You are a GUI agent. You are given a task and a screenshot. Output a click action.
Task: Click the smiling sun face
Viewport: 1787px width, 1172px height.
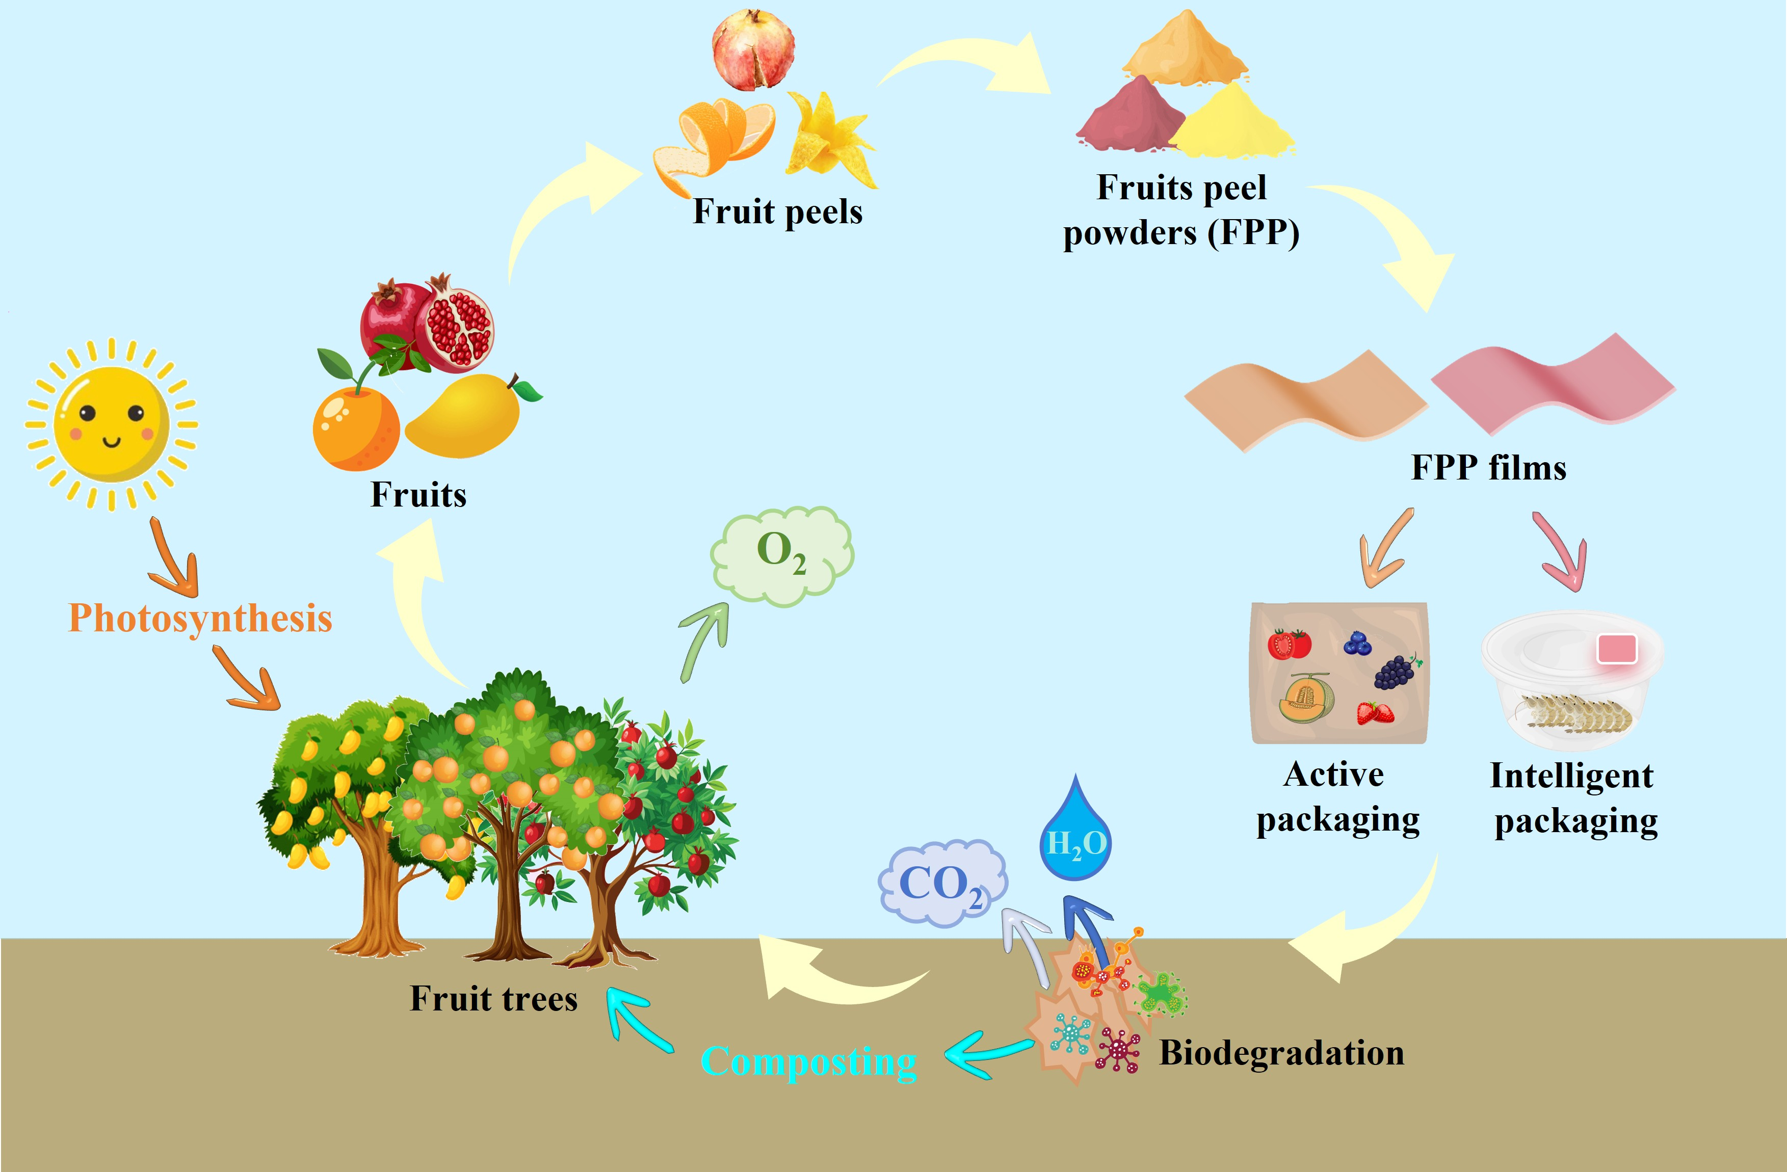[111, 424]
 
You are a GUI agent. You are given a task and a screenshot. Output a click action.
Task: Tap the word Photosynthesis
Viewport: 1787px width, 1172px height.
[200, 618]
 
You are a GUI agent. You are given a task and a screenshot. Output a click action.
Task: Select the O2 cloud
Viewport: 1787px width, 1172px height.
[781, 555]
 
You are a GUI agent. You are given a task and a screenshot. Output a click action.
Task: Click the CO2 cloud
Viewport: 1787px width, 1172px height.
[941, 883]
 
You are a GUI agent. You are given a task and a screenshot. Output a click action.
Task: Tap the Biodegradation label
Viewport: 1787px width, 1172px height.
[1281, 1053]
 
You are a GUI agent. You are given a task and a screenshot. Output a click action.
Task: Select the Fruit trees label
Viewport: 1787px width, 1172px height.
[493, 999]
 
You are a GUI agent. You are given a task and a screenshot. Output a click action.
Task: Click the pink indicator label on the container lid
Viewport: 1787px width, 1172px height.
[1617, 649]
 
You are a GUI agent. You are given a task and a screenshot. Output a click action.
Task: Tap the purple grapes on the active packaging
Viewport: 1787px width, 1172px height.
[1395, 672]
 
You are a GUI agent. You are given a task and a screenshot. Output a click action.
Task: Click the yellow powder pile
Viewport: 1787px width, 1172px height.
[1231, 124]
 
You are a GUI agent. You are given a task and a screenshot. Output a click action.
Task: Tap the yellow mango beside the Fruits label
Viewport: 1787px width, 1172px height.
[465, 417]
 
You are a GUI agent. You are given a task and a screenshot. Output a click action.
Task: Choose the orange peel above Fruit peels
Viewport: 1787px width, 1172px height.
[717, 139]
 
